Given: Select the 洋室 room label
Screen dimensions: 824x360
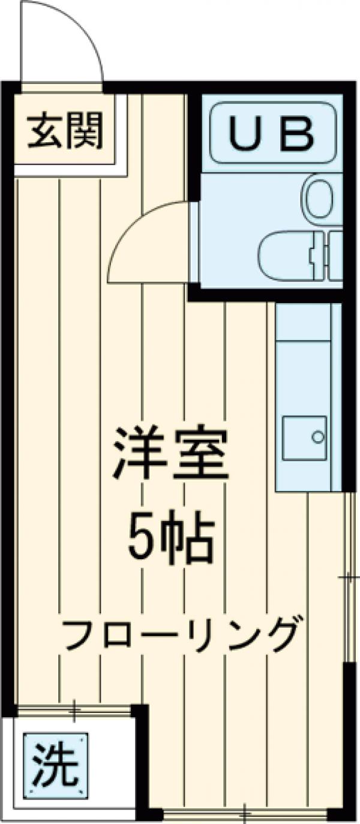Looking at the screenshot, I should [171, 454].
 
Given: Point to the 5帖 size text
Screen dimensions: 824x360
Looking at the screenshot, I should [171, 536].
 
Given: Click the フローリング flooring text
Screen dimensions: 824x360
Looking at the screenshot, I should [180, 634].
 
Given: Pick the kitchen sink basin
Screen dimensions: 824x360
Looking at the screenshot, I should [304, 438].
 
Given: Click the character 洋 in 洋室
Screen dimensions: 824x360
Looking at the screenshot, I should [139, 454].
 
